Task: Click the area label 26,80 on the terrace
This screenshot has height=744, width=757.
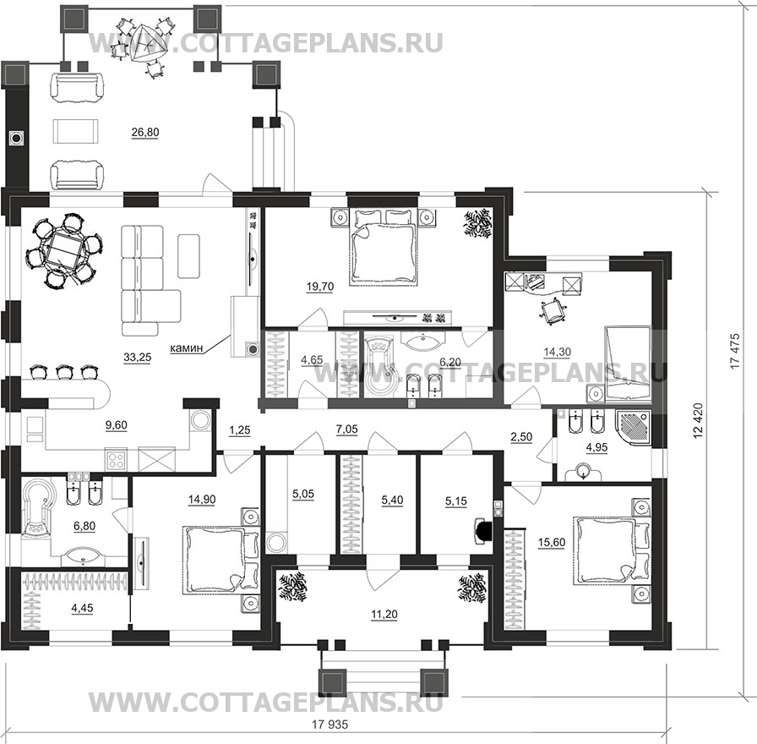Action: point(145,133)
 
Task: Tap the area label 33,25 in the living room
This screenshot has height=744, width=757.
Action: point(138,358)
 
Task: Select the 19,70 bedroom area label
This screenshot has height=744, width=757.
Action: point(320,287)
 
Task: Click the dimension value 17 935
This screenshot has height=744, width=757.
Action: point(329,725)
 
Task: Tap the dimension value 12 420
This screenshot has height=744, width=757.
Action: point(697,421)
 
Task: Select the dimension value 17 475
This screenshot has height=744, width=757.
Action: point(735,352)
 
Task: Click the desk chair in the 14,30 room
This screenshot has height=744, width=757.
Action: point(553,310)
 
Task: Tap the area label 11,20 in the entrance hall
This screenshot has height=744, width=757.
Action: point(384,615)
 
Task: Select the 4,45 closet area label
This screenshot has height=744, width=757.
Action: point(82,608)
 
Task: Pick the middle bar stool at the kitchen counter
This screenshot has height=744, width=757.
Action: point(64,373)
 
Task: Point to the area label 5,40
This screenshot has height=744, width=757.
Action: point(393,501)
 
